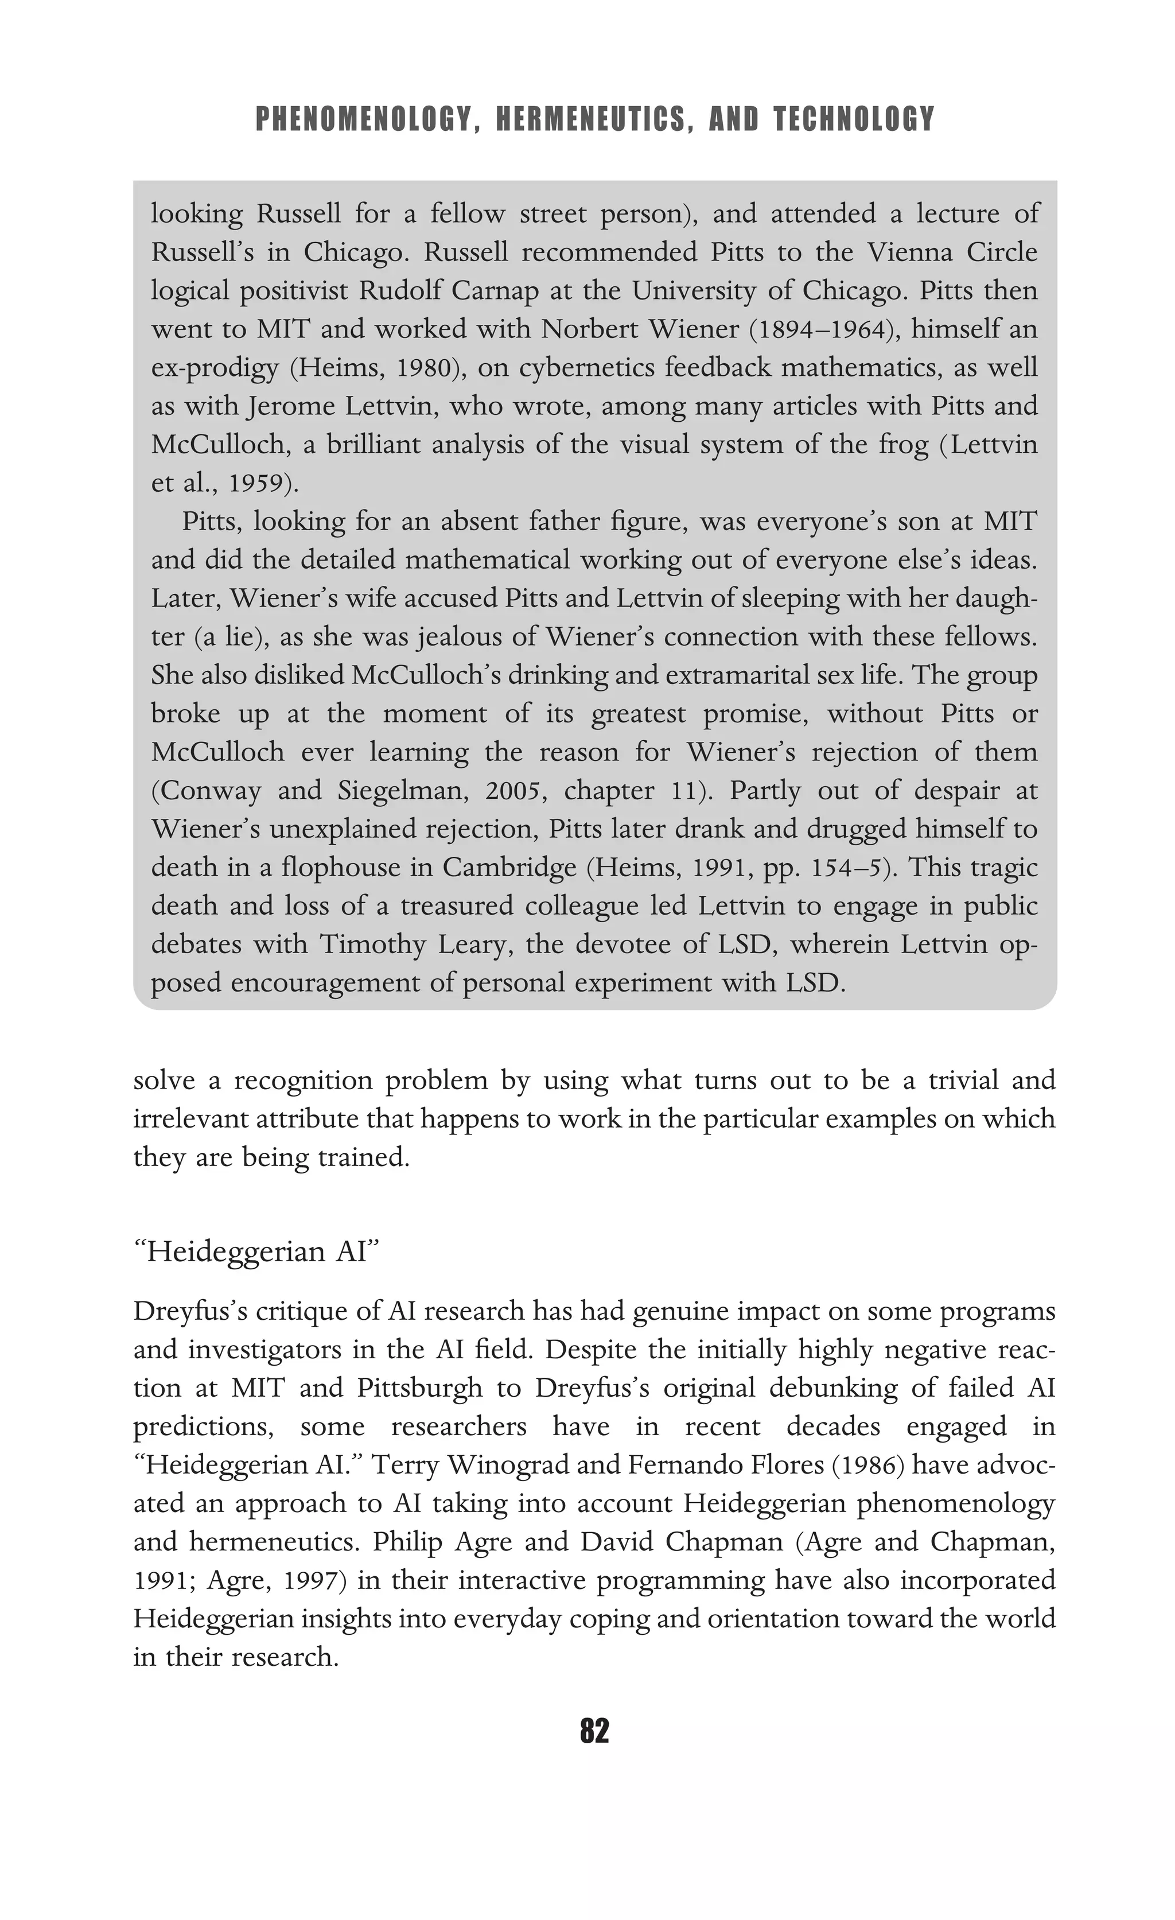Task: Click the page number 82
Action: tap(594, 1731)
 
